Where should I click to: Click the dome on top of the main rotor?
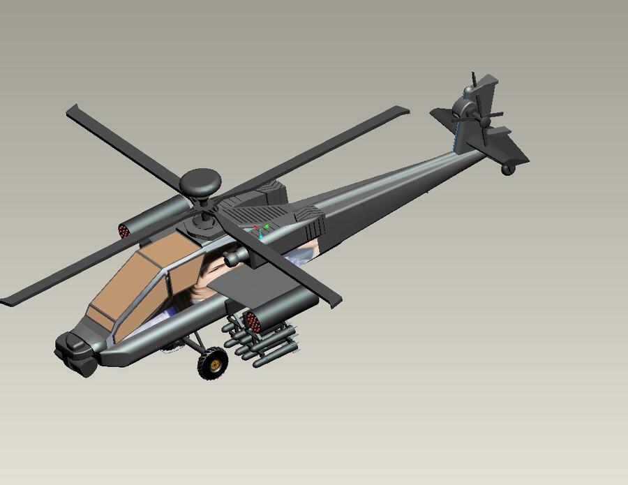(200, 182)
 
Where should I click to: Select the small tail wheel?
(508, 169)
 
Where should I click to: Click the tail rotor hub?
(464, 112)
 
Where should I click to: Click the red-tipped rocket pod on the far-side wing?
(126, 230)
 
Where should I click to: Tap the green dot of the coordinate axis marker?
(267, 227)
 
